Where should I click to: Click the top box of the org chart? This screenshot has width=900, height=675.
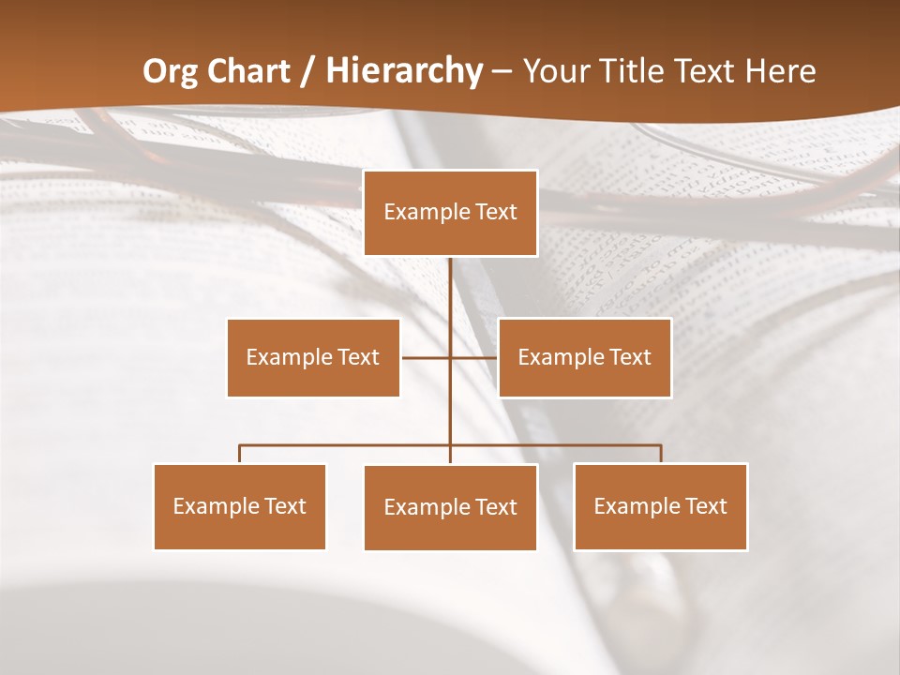point(450,213)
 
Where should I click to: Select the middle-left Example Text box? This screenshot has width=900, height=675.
point(313,357)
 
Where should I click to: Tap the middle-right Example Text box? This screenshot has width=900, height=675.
point(584,357)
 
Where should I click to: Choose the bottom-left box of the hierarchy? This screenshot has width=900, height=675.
point(239,506)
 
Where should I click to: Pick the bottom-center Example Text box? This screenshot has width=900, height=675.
point(450,507)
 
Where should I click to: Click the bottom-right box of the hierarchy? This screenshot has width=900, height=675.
point(660,506)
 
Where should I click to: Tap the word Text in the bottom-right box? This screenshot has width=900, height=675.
point(705,506)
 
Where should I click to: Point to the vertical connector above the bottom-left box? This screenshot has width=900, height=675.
point(240,454)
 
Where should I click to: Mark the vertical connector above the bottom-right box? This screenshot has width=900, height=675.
point(661,454)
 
